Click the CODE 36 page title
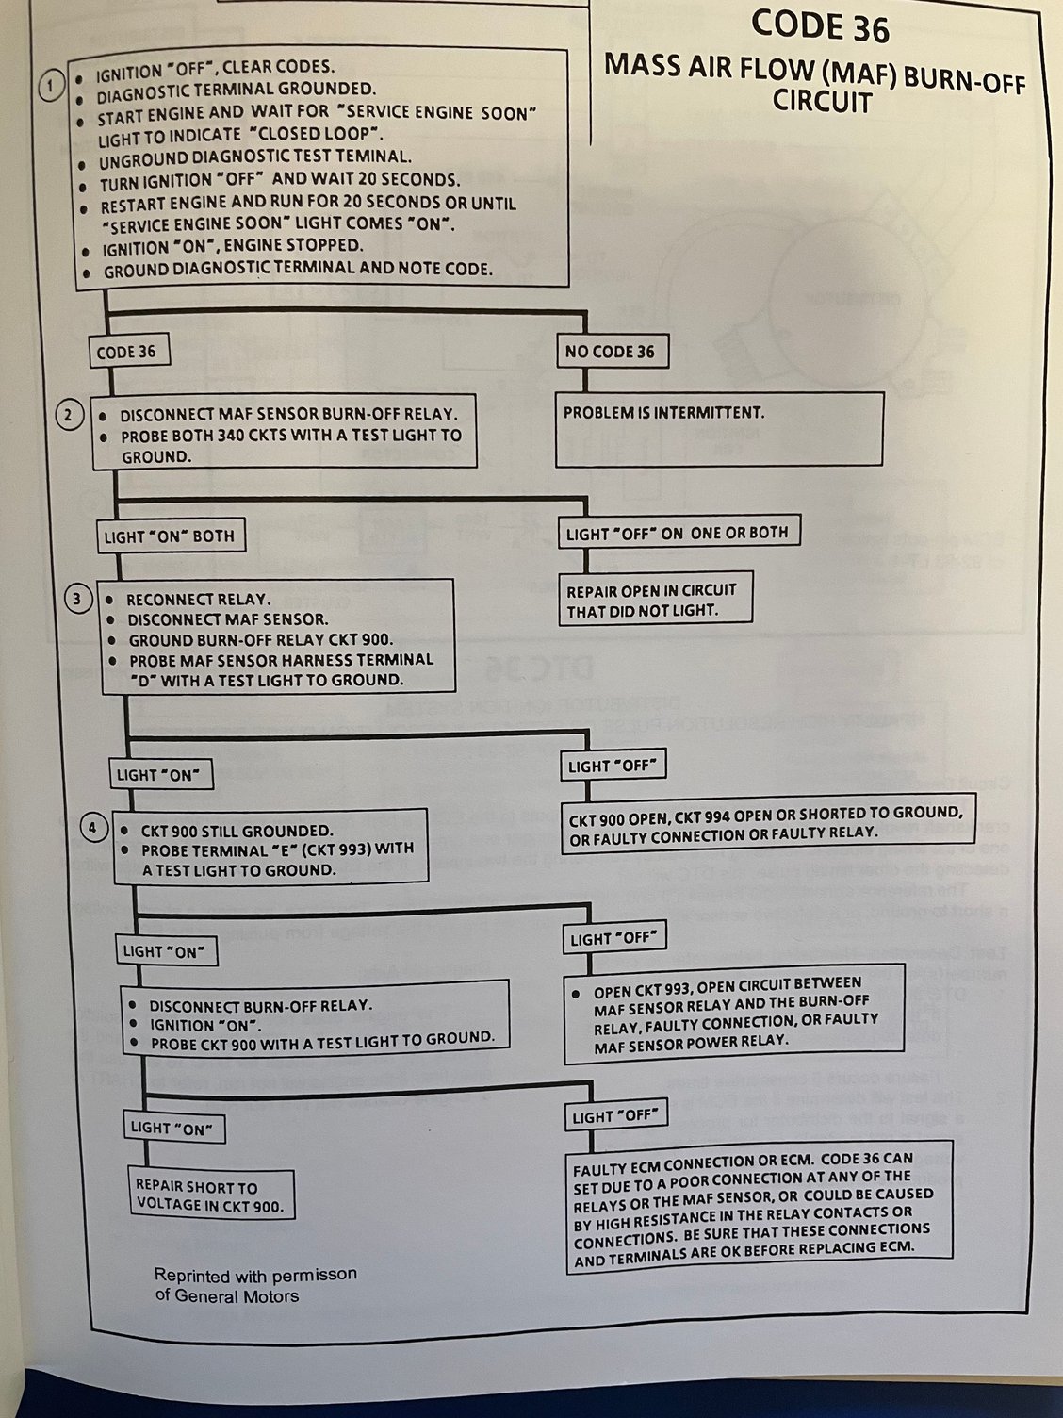[820, 26]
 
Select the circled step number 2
[69, 415]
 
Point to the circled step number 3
[79, 597]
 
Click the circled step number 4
[92, 829]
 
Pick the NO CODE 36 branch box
[611, 352]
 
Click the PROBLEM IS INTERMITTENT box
[718, 429]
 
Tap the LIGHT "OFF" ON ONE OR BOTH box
[677, 533]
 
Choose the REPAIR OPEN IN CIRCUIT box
[655, 601]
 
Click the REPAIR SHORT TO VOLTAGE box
[210, 1195]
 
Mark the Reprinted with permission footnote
[255, 1285]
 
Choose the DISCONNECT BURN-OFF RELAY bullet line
[259, 1005]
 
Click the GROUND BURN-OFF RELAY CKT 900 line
[260, 639]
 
